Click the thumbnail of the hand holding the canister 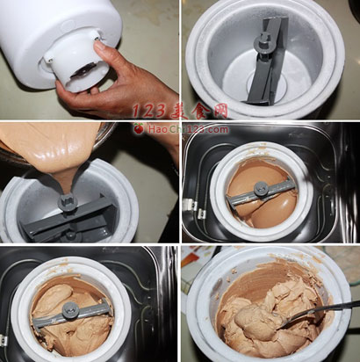[90, 60]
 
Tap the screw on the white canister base [97, 37]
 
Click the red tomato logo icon [139, 128]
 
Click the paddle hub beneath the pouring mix [68, 202]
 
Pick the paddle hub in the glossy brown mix [260, 189]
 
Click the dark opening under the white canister [83, 72]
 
